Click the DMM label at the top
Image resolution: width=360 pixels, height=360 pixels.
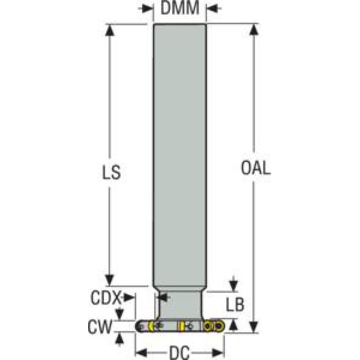(x=180, y=8)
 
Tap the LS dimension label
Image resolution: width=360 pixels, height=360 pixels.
(x=111, y=172)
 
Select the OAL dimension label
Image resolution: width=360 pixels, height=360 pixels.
(x=255, y=168)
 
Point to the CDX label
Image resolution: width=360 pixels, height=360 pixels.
(x=106, y=297)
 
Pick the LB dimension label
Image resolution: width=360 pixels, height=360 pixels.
(x=235, y=305)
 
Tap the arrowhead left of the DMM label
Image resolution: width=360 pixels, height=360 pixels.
(x=147, y=8)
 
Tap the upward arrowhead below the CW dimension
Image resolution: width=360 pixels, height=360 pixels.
(x=120, y=337)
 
